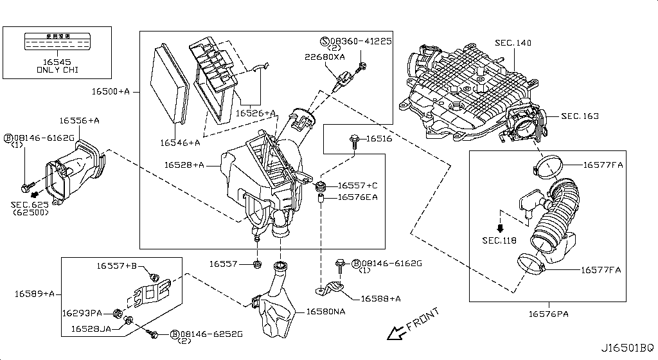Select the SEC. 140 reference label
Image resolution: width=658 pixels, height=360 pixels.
[513, 42]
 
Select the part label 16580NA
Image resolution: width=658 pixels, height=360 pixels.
[326, 312]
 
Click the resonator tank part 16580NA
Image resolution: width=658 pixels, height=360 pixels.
[275, 309]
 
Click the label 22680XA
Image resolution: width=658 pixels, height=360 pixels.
[325, 57]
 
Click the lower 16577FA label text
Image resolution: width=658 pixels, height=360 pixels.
[601, 270]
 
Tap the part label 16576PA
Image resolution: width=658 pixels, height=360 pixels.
[549, 314]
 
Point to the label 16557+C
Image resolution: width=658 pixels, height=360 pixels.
[357, 185]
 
